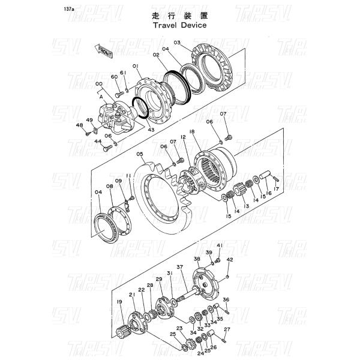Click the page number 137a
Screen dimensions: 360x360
click(87, 10)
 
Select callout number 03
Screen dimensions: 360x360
click(178, 43)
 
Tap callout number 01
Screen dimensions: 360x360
click(136, 65)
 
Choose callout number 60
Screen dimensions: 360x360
click(114, 77)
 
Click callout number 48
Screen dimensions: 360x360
click(79, 125)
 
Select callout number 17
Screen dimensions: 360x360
click(277, 189)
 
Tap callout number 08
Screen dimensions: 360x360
click(110, 187)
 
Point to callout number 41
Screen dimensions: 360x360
click(220, 245)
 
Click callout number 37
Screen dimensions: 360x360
click(179, 267)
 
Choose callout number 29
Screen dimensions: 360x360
click(159, 279)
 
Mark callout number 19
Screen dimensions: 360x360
click(119, 302)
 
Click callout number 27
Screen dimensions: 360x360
click(227, 330)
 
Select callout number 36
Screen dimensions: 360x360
click(226, 299)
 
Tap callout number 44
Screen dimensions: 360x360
click(98, 141)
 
